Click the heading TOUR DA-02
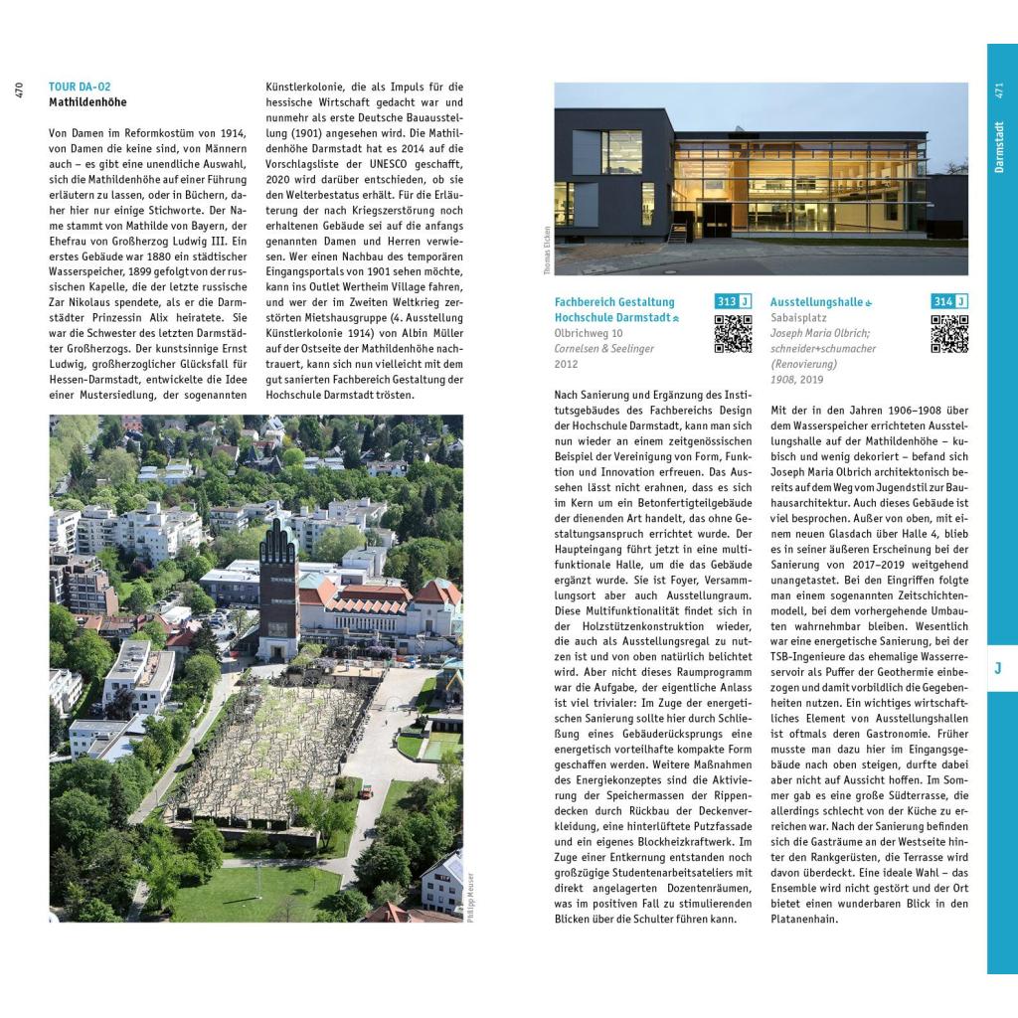coord(80,86)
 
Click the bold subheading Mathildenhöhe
coord(87,101)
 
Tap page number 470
coord(19,90)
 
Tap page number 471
coord(999,90)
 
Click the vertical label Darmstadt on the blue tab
coord(999,147)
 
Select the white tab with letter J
coord(998,669)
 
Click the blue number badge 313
coord(726,301)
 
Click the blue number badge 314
coord(942,301)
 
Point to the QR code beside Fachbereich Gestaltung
coord(733,334)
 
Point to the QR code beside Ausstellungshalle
coord(949,334)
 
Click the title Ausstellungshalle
coord(816,301)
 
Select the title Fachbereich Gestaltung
coord(613,301)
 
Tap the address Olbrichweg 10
coord(589,333)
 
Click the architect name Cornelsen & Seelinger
coord(603,349)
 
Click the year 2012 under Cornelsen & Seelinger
coord(566,365)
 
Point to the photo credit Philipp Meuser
coord(470,897)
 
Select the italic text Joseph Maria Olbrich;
coord(820,333)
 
